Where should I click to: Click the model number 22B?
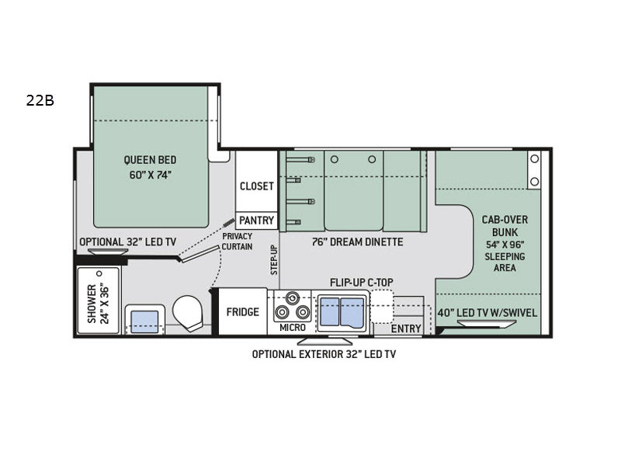click(x=40, y=101)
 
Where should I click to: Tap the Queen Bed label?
click(x=150, y=160)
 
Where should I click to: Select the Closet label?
click(x=257, y=186)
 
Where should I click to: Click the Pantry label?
click(x=257, y=221)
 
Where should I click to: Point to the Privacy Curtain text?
click(x=237, y=242)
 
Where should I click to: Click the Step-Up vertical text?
click(x=274, y=260)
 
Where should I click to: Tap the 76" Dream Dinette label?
click(x=357, y=242)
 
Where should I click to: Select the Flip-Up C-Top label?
click(x=362, y=282)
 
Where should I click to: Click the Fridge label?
click(x=242, y=312)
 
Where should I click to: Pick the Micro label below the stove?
click(x=293, y=328)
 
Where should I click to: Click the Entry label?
click(x=406, y=329)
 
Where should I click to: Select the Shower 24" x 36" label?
click(x=98, y=304)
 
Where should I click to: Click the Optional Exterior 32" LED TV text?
click(x=324, y=354)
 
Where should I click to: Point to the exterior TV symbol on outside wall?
click(x=324, y=341)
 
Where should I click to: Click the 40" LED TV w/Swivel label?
click(x=487, y=313)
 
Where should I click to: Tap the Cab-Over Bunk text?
click(x=505, y=226)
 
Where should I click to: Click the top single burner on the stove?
click(x=293, y=297)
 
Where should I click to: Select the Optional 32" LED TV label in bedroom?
click(x=128, y=242)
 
